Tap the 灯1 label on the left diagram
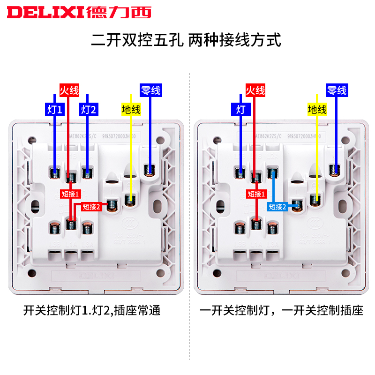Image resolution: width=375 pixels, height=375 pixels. [54, 110]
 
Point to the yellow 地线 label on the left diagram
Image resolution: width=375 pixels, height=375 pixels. [131, 110]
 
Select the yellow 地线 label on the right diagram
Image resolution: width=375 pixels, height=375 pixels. [317, 110]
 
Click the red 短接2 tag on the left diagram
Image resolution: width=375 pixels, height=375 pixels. [91, 206]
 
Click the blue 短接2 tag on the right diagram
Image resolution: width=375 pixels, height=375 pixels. [277, 206]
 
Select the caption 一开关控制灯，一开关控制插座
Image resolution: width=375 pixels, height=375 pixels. [281, 310]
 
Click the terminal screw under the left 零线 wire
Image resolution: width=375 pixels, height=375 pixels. [150, 171]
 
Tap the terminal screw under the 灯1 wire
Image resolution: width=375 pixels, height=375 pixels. [55, 173]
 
